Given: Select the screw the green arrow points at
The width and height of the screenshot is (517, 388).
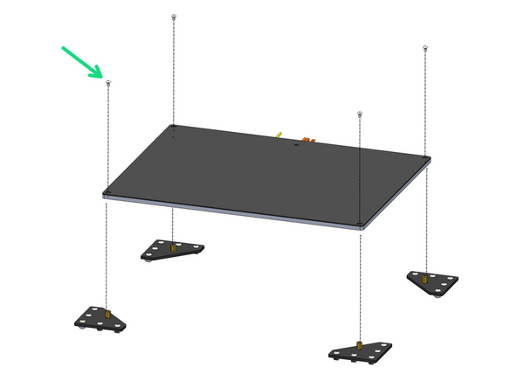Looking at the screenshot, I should (x=107, y=83).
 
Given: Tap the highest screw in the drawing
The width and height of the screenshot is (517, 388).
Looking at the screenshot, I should (x=176, y=17).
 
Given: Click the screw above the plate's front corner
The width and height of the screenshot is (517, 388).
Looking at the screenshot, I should (x=359, y=114).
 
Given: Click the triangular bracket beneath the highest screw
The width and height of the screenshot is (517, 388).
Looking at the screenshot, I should (x=173, y=250).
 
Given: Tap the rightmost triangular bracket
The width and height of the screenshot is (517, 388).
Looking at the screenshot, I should (x=432, y=281).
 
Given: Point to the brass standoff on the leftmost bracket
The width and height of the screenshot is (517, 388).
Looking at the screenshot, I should (x=107, y=313).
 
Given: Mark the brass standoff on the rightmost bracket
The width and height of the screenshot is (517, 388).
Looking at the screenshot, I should (x=424, y=279).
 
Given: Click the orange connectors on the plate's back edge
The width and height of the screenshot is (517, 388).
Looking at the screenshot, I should (x=307, y=139).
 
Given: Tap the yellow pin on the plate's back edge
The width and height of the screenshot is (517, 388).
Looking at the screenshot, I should (x=278, y=135).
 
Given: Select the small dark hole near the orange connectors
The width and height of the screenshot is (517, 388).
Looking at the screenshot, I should (x=297, y=146).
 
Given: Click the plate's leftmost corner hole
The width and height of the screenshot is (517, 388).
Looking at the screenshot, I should (x=107, y=192).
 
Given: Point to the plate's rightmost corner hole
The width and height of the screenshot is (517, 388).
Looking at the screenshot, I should (x=426, y=159).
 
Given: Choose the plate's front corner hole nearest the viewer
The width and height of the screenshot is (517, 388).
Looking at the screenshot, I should (x=360, y=224).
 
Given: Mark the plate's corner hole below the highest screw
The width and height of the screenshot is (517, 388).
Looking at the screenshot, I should (x=175, y=127).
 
